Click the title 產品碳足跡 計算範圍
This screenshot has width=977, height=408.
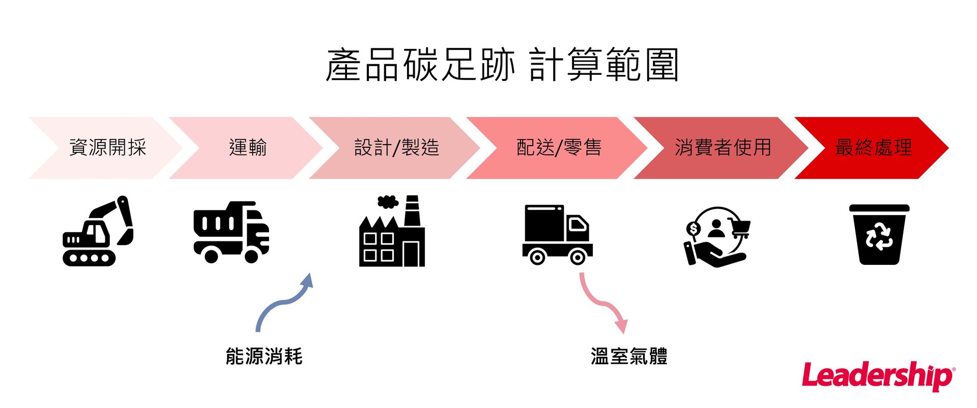(502, 65)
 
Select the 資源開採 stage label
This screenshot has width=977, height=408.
(107, 148)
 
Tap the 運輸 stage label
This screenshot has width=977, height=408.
(248, 148)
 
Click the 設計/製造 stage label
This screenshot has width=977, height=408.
(396, 148)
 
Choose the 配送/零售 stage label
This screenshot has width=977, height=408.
(559, 148)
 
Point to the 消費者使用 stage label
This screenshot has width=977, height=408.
(723, 148)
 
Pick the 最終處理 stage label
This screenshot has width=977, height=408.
(873, 148)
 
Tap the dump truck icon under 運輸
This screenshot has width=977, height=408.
(231, 232)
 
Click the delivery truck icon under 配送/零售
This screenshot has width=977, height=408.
(557, 234)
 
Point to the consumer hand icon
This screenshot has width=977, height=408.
(716, 237)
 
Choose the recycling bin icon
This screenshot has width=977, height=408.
(879, 234)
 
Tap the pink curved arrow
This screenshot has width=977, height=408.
(604, 303)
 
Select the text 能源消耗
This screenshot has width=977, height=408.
(264, 357)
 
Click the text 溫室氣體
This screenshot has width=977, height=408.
(629, 357)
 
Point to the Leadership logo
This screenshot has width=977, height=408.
(878, 376)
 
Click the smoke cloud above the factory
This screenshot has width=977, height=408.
(388, 202)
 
